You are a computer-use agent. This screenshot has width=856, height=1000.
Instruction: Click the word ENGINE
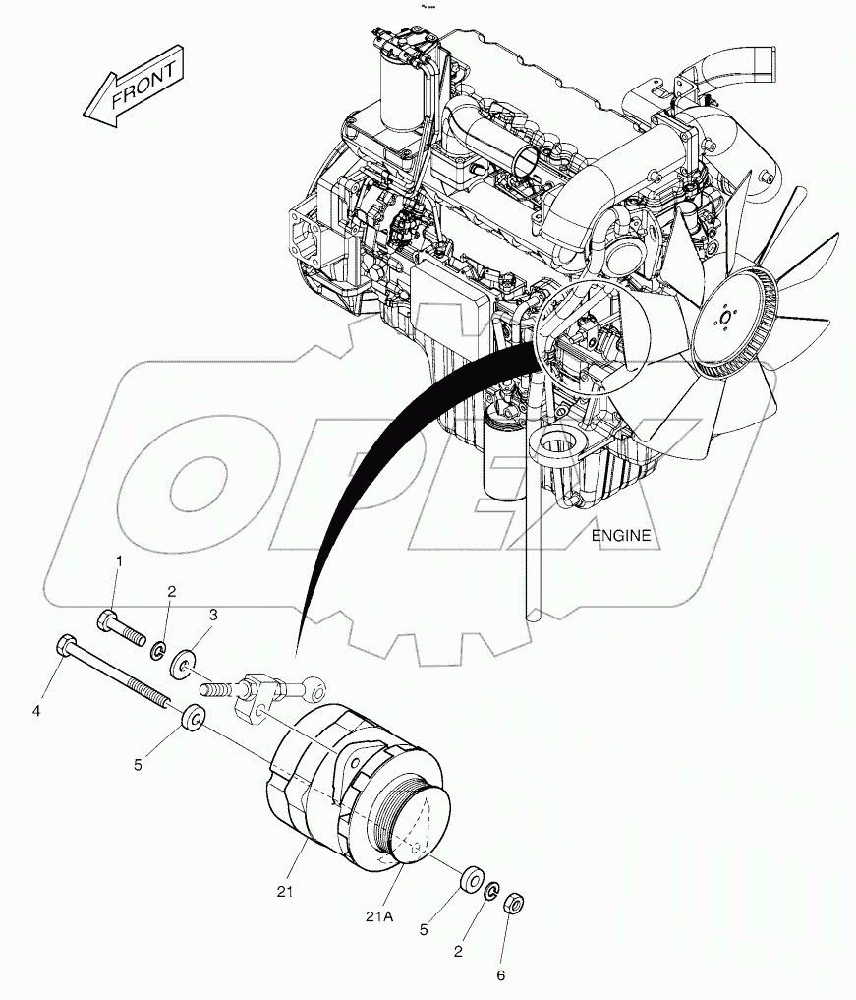pos(621,536)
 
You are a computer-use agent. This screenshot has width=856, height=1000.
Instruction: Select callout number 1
pos(120,561)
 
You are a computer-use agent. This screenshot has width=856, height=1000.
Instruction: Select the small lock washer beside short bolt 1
pos(157,651)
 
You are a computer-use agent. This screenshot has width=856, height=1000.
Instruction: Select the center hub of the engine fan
pos(724,322)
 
